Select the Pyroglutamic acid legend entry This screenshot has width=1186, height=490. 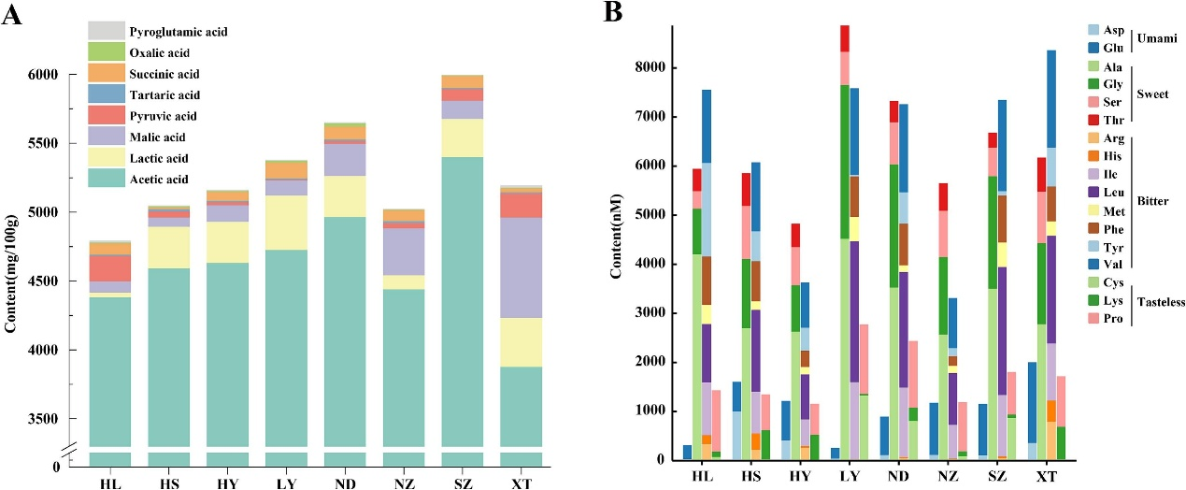(178, 32)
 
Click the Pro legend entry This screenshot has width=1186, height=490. (1093, 320)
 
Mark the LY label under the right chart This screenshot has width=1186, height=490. (840, 478)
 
